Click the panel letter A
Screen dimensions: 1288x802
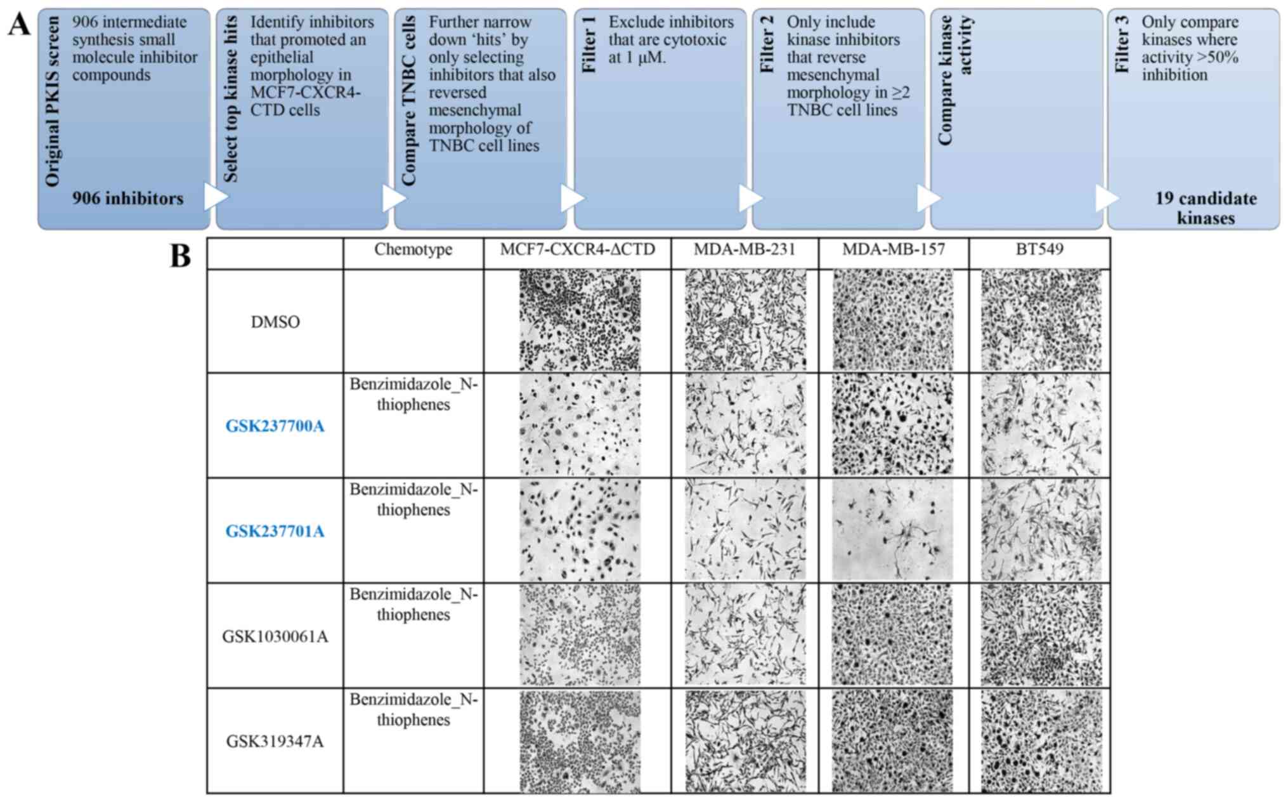pos(19,25)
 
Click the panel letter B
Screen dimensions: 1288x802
pos(180,257)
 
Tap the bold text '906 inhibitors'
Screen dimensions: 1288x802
pos(127,199)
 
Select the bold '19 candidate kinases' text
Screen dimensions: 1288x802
pos(1205,208)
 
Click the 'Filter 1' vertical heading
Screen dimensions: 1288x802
pos(589,44)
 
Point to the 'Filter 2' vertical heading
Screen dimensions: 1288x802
pos(767,44)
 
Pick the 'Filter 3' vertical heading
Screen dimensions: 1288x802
pos(1122,44)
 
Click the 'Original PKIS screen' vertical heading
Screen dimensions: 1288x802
pos(53,102)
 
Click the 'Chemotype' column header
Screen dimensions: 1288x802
pos(413,249)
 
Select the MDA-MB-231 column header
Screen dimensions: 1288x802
pos(744,249)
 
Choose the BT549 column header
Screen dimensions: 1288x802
pos(1039,249)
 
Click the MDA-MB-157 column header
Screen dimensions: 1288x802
pos(893,249)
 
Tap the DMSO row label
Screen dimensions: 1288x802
pos(275,322)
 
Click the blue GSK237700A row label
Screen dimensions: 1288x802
pos(275,426)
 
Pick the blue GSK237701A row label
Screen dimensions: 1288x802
pos(275,531)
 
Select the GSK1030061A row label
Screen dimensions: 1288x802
pos(275,636)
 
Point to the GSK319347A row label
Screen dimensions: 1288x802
pos(275,741)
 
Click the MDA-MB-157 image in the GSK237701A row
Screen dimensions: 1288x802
pos(892,530)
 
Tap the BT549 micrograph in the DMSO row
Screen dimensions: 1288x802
pos(1041,320)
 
